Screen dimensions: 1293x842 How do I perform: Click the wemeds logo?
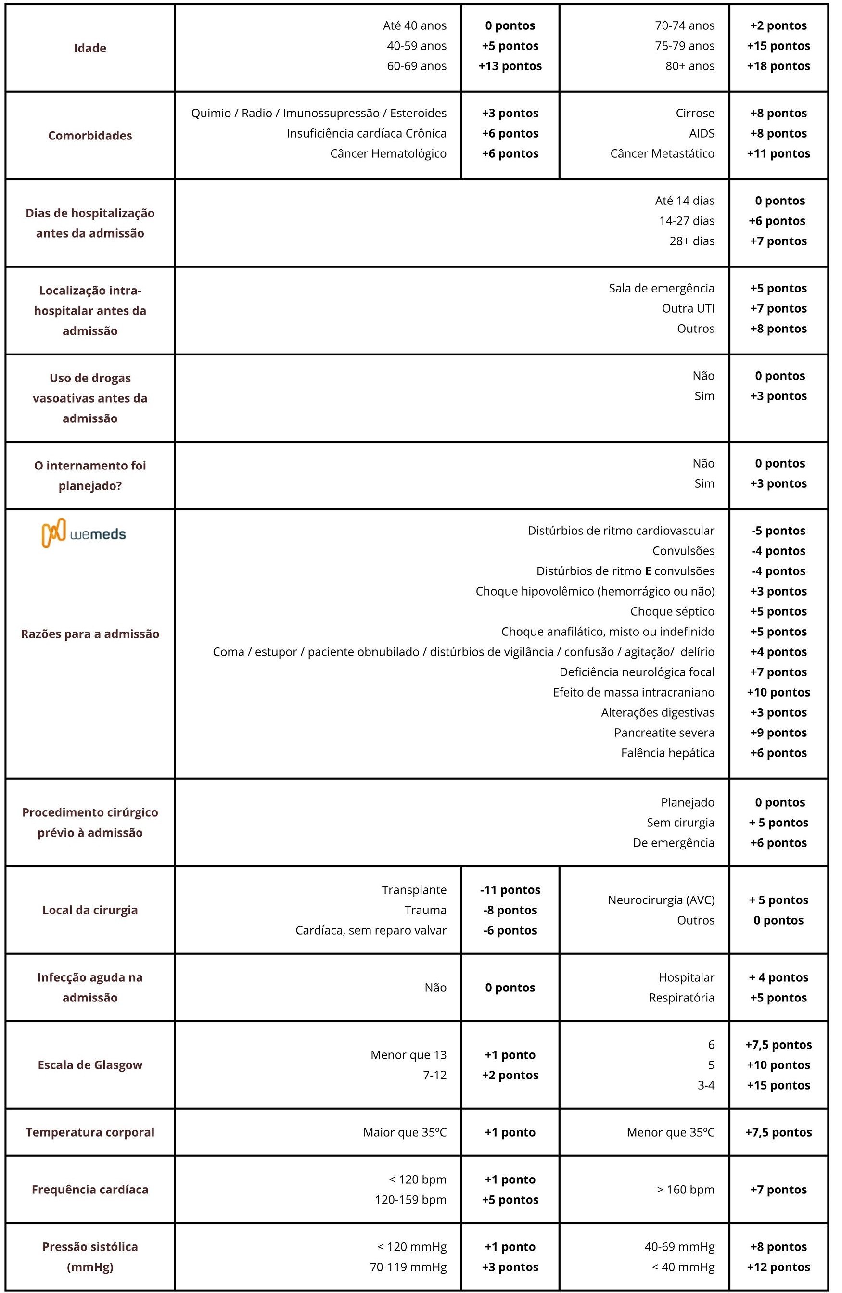pyautogui.click(x=84, y=533)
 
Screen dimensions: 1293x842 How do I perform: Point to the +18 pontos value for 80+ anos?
pyautogui.click(x=778, y=66)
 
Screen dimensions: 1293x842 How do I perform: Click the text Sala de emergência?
pyautogui.click(x=661, y=289)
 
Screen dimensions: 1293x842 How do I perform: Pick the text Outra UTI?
pyautogui.click(x=688, y=309)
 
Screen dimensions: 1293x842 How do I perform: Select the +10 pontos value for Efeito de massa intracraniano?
pyautogui.click(x=778, y=692)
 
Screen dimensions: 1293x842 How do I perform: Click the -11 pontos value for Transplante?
pyautogui.click(x=510, y=890)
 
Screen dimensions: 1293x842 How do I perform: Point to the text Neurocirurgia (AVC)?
pyautogui.click(x=661, y=900)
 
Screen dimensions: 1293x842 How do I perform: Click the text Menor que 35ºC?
pyautogui.click(x=670, y=1133)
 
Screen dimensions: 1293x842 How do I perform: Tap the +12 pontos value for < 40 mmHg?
pyautogui.click(x=778, y=1268)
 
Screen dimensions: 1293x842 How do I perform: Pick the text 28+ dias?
pyautogui.click(x=691, y=241)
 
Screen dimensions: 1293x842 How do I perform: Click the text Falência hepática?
pyautogui.click(x=667, y=753)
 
